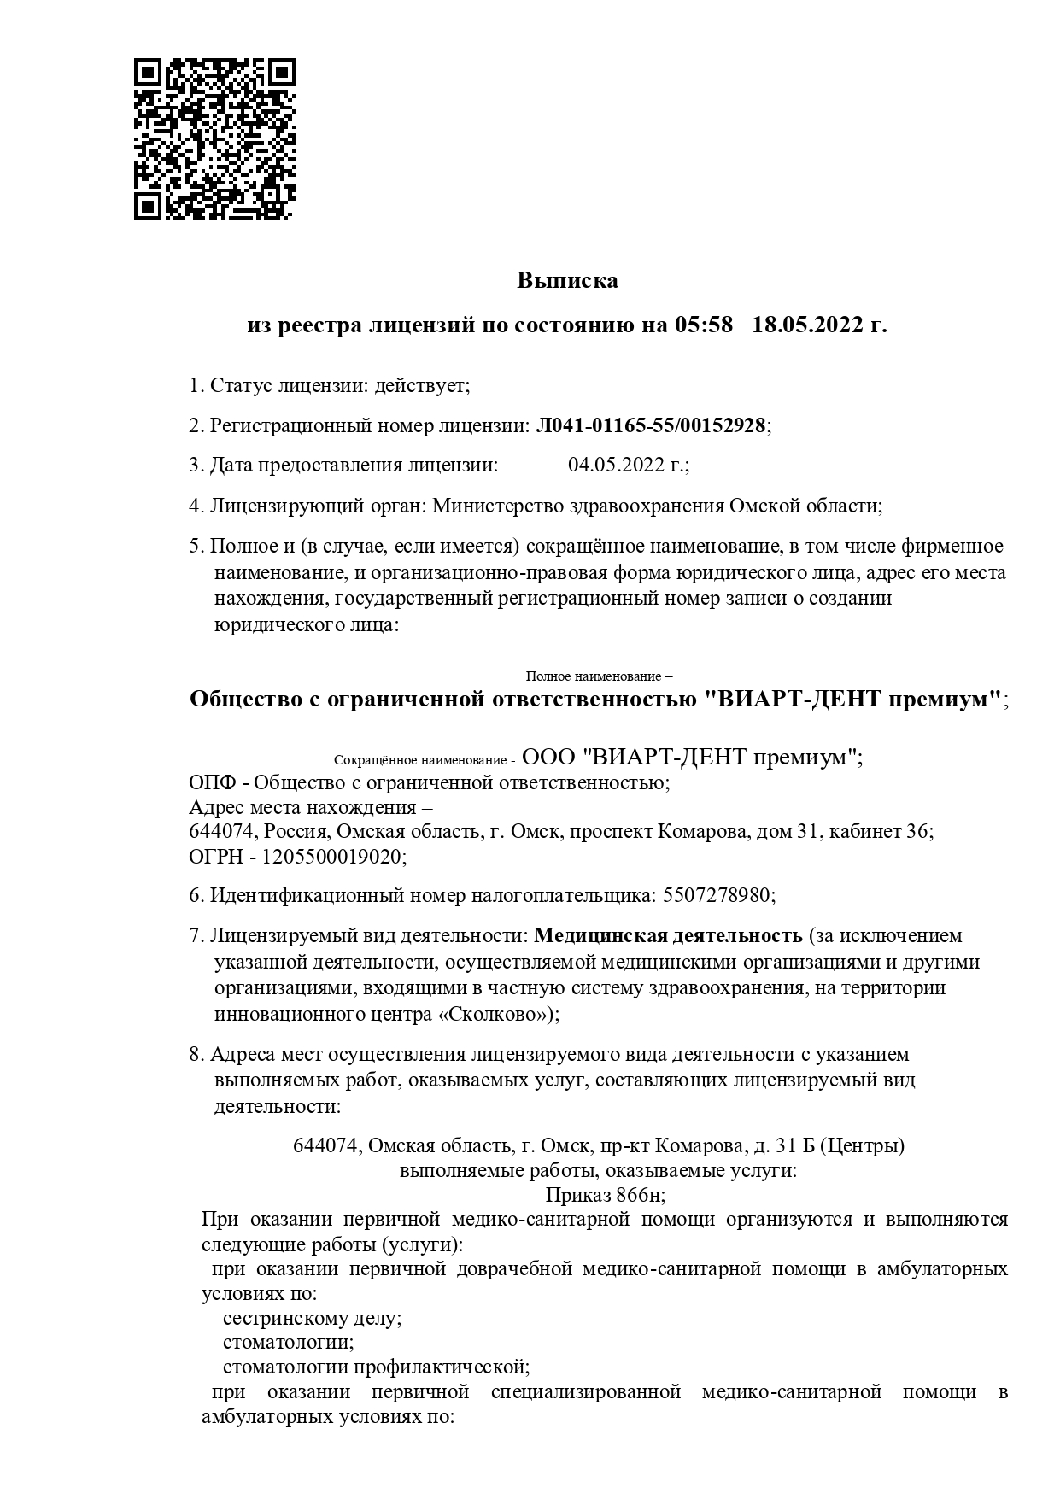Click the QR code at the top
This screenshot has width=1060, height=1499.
tap(214, 139)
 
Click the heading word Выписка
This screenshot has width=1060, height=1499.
tap(566, 280)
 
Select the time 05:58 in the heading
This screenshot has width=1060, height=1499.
tap(704, 325)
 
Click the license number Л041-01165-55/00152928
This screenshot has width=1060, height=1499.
tap(650, 425)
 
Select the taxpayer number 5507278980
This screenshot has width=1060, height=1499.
tap(717, 896)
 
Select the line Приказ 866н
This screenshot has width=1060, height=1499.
tap(605, 1195)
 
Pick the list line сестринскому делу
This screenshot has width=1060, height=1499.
tap(312, 1318)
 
